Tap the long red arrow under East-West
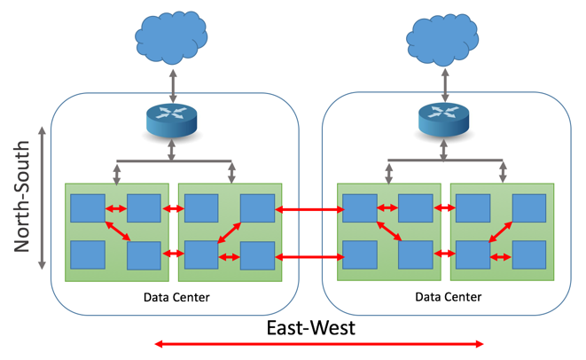coord(319,344)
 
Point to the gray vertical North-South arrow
coord(42,200)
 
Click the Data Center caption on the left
coord(176,296)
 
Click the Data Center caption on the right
coord(448,296)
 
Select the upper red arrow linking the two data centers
coord(309,209)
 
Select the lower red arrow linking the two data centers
coord(309,256)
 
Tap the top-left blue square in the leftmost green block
coord(88,207)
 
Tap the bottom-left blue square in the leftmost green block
coord(88,254)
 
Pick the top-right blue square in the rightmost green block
coord(529,207)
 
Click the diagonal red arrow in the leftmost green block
coord(117,231)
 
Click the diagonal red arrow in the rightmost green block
coord(501,231)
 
